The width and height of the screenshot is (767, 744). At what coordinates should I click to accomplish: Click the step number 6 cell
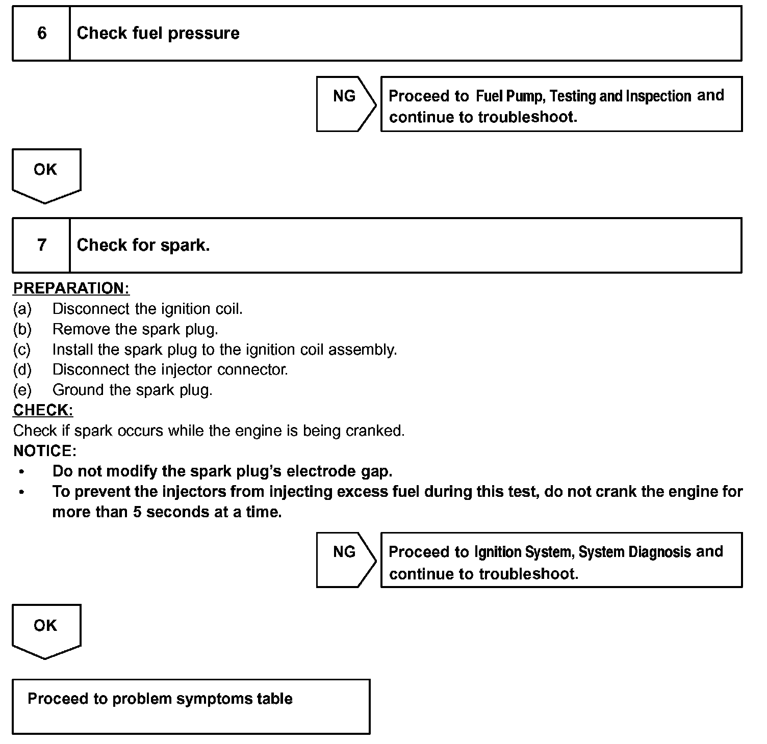click(x=41, y=34)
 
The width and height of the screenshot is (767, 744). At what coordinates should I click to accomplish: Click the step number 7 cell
click(x=41, y=245)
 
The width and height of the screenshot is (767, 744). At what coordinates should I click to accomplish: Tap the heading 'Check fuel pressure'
click(x=158, y=34)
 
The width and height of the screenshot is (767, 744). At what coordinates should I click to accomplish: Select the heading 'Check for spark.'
click(x=143, y=245)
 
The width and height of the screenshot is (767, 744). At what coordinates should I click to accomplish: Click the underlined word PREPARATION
click(x=71, y=288)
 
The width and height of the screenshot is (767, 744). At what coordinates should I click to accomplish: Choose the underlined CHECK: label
click(x=43, y=410)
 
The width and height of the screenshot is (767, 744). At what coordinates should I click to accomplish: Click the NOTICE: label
click(x=45, y=451)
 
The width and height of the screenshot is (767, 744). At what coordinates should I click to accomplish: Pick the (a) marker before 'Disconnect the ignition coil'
click(x=22, y=309)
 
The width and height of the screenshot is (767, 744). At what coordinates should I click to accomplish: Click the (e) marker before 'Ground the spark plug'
click(x=22, y=390)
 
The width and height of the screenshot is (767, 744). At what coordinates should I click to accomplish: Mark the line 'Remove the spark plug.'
click(x=135, y=329)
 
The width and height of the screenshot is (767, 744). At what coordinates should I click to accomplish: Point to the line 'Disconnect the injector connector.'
click(x=170, y=370)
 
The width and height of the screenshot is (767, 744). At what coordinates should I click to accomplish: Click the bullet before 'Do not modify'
click(x=21, y=472)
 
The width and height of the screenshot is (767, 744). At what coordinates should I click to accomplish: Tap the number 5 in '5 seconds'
click(x=137, y=512)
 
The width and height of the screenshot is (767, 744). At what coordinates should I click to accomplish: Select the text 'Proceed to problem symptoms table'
click(x=160, y=699)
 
